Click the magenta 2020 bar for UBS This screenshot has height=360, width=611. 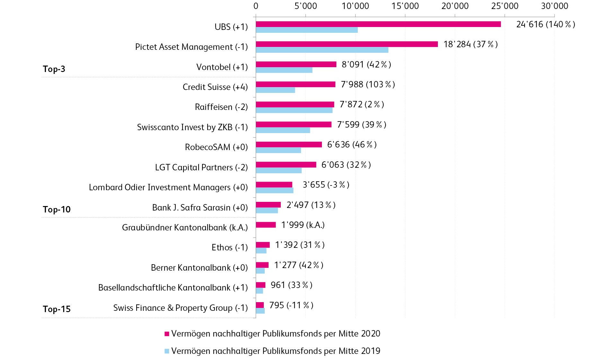(x=378, y=24)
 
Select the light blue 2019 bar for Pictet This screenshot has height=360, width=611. (x=322, y=50)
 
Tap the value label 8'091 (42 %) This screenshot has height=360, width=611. (x=366, y=65)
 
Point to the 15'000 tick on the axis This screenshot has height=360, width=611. (x=405, y=6)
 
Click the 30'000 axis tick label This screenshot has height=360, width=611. (x=554, y=6)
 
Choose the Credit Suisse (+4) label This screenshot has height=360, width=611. (x=215, y=87)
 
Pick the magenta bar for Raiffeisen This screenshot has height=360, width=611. (x=295, y=104)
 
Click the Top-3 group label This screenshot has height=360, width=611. (x=54, y=69)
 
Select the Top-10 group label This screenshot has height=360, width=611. (x=57, y=210)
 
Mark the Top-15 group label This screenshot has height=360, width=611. (x=57, y=309)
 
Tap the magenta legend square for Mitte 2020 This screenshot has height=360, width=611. (x=167, y=334)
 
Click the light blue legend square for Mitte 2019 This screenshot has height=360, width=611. (x=167, y=351)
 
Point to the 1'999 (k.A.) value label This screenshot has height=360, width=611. (x=303, y=225)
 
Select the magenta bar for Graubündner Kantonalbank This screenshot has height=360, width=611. (x=266, y=225)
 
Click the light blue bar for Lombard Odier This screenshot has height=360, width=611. (x=274, y=190)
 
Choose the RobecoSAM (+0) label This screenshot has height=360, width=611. (x=216, y=147)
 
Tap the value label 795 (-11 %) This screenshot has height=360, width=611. (x=291, y=305)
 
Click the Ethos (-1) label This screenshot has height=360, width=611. (x=229, y=248)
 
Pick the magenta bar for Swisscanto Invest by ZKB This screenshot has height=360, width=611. (x=294, y=124)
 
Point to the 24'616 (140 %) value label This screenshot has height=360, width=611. (x=545, y=24)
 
